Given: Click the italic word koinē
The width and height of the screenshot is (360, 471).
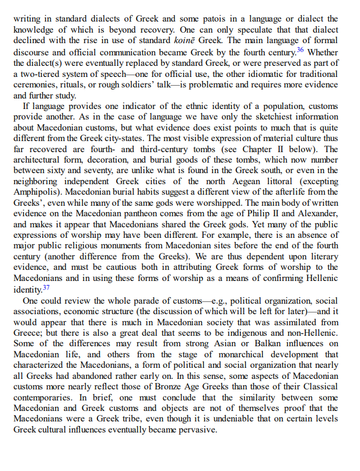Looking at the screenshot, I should tap(208, 40).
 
